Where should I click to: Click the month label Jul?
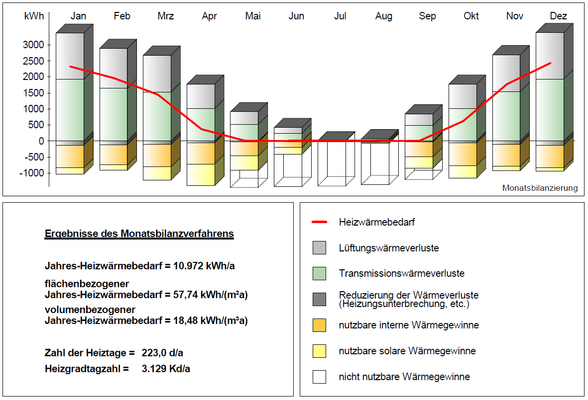(340, 16)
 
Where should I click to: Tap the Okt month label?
(471, 16)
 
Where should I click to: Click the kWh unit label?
(34, 16)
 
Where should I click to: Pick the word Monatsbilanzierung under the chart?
(540, 188)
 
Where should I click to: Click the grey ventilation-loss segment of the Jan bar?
(70, 56)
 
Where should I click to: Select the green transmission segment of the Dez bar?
(550, 109)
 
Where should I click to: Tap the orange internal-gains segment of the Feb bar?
(114, 155)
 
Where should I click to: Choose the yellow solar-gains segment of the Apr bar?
(201, 174)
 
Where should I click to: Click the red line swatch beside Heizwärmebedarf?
(319, 222)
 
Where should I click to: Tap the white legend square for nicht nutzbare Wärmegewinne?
(320, 377)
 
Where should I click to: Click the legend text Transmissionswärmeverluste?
(401, 273)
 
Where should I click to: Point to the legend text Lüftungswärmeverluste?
(389, 247)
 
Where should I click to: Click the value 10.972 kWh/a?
(204, 266)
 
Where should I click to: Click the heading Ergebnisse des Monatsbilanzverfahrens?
(139, 234)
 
